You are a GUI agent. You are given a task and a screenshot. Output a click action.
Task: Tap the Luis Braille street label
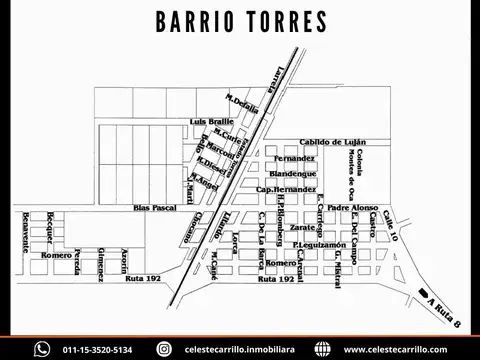click(210, 121)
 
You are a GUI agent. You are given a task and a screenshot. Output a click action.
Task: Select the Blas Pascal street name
click(154, 208)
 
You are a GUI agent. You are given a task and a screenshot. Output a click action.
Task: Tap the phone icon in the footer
click(41, 349)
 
